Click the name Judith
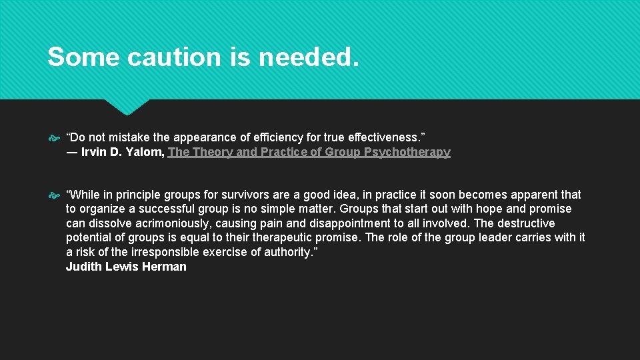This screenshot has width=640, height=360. (x=84, y=267)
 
